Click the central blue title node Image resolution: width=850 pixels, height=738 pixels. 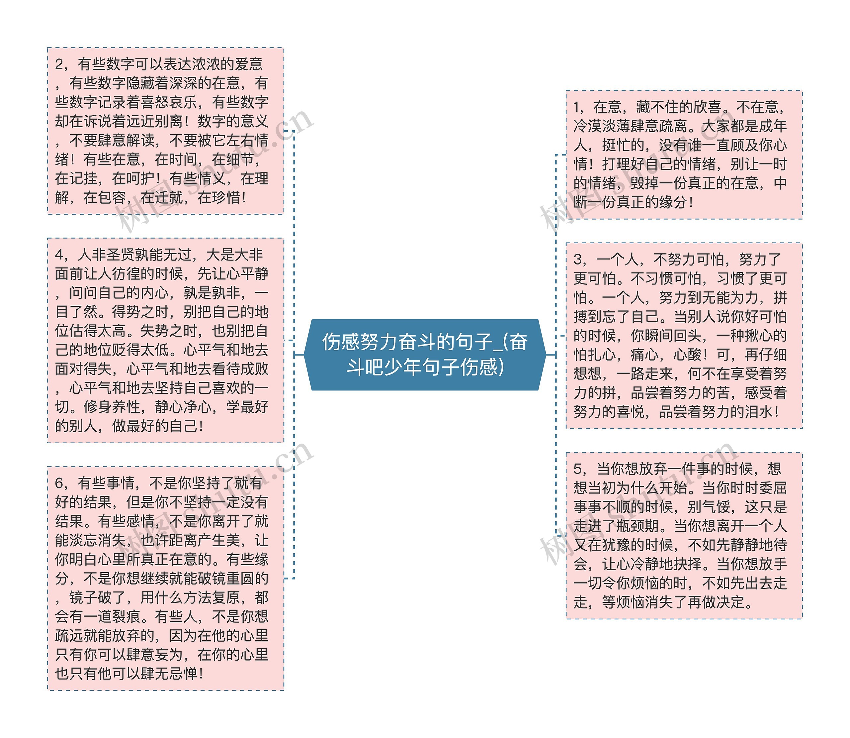pos(425,354)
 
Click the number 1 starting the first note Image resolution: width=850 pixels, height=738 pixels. pos(577,107)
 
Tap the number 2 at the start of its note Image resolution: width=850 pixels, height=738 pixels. pos(59,64)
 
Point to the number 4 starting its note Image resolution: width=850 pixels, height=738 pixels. pos(59,255)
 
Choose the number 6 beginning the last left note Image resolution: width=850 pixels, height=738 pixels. pos(59,483)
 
